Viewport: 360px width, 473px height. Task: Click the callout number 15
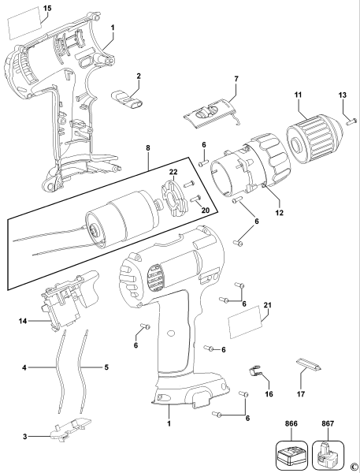25,7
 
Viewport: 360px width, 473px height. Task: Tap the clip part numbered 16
254,369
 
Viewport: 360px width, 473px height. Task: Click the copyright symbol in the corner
354,466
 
